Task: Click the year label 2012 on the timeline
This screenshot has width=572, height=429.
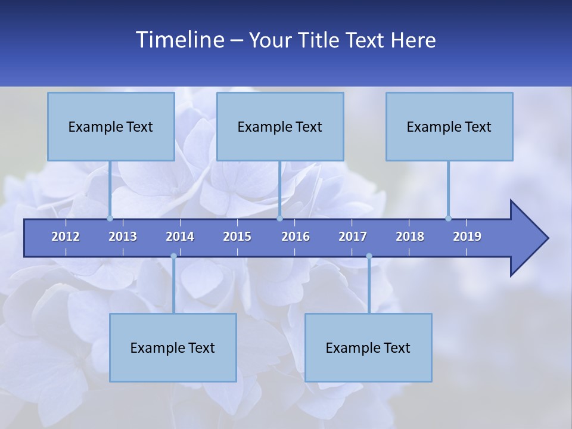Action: pos(66,237)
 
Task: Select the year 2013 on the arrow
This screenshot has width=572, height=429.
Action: pos(123,237)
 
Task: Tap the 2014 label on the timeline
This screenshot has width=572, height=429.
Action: pos(180,237)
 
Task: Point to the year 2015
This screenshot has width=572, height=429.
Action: pos(237,237)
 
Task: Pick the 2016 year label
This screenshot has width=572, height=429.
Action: pos(296,237)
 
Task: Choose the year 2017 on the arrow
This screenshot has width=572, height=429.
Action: pos(353,237)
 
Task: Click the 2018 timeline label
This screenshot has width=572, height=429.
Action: pos(410,237)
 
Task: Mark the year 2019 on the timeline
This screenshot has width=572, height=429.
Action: pos(467,237)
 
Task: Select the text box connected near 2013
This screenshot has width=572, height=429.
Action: pos(111,126)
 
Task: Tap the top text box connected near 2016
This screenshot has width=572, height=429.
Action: pos(280,126)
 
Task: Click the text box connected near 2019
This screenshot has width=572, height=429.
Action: pos(449,126)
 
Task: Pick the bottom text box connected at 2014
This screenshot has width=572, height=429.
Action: pos(173,347)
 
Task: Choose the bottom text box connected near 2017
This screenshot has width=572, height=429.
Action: pos(368,347)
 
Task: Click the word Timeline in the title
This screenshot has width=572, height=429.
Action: pos(179,40)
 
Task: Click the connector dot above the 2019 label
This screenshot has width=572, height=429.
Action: pos(448,218)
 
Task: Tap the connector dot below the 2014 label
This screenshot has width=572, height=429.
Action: pos(173,256)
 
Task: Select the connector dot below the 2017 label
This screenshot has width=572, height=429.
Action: pos(369,256)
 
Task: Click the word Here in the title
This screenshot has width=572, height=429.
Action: pos(413,40)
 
